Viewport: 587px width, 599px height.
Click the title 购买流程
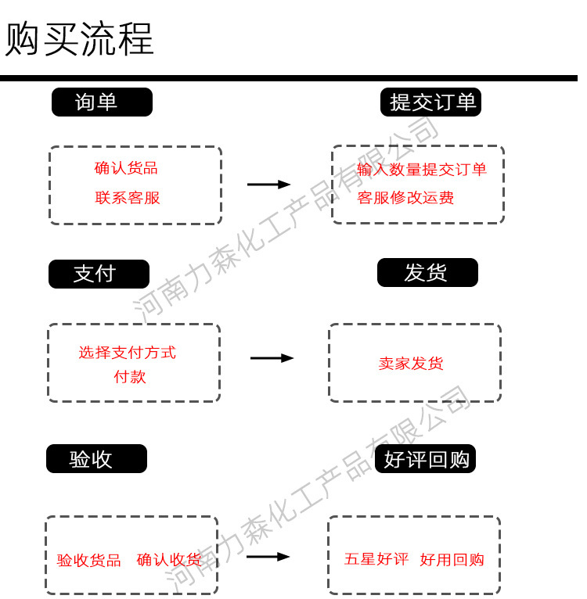pyautogui.click(x=79, y=39)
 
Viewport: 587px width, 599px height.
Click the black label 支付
pyautogui.click(x=99, y=274)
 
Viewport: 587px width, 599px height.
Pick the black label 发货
pyautogui.click(x=427, y=273)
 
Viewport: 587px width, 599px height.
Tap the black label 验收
pyautogui.click(x=96, y=459)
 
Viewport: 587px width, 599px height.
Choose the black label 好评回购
pyautogui.click(x=426, y=459)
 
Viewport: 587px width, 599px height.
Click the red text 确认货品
pyautogui.click(x=126, y=168)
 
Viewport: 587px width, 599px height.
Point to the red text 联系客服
pyautogui.click(x=128, y=198)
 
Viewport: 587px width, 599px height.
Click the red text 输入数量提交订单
pyautogui.click(x=422, y=170)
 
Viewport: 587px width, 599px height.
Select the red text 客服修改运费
pyautogui.click(x=405, y=198)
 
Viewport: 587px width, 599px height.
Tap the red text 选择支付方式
pyautogui.click(x=127, y=353)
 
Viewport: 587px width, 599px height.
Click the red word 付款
pyautogui.click(x=130, y=377)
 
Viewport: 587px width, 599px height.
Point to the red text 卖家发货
pyautogui.click(x=411, y=364)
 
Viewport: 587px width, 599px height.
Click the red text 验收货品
pyautogui.click(x=89, y=561)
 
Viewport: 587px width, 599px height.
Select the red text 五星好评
pyautogui.click(x=376, y=560)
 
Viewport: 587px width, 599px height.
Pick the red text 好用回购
pyautogui.click(x=452, y=560)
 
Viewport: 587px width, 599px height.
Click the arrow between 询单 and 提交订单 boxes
pyautogui.click(x=268, y=185)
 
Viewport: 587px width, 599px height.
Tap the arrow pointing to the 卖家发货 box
pyautogui.click(x=272, y=358)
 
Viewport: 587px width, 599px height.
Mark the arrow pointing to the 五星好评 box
pyautogui.click(x=268, y=557)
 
